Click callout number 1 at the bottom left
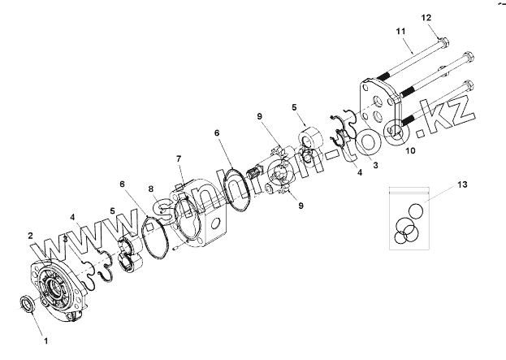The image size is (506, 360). pyautogui.click(x=45, y=341)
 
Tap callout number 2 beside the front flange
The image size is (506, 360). pyautogui.click(x=31, y=236)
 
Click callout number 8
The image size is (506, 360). pyautogui.click(x=150, y=189)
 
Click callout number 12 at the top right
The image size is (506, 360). pyautogui.click(x=449, y=18)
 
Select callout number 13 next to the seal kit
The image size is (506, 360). pyautogui.click(x=462, y=186)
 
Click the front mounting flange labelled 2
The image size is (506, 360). pyautogui.click(x=57, y=288)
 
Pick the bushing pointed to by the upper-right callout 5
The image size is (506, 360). pyautogui.click(x=311, y=137)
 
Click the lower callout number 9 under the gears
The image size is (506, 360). pyautogui.click(x=300, y=206)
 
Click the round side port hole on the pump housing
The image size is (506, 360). pyautogui.click(x=214, y=222)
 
